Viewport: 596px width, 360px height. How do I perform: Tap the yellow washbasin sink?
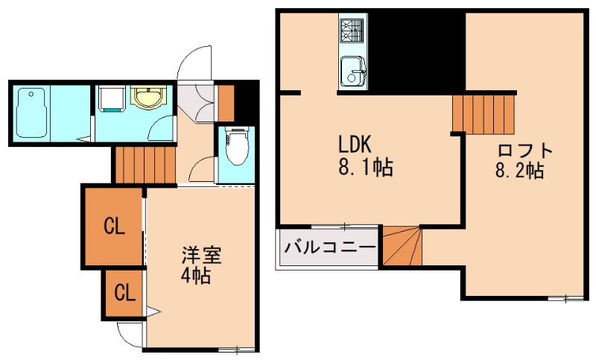[x=148, y=98]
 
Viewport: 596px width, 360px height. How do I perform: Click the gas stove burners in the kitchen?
[x=351, y=30]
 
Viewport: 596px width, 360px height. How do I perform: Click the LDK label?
[x=354, y=143]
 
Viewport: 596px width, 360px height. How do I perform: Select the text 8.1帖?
[x=365, y=168]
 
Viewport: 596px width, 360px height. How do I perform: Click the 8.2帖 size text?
[x=519, y=171]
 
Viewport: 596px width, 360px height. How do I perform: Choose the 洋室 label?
[x=201, y=256]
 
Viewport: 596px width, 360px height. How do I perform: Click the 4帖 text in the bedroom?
[x=197, y=277]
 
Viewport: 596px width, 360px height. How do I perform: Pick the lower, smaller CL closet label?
[x=124, y=292]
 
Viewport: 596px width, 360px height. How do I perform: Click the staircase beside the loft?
[x=485, y=111]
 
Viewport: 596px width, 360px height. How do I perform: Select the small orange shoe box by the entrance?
[x=225, y=104]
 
